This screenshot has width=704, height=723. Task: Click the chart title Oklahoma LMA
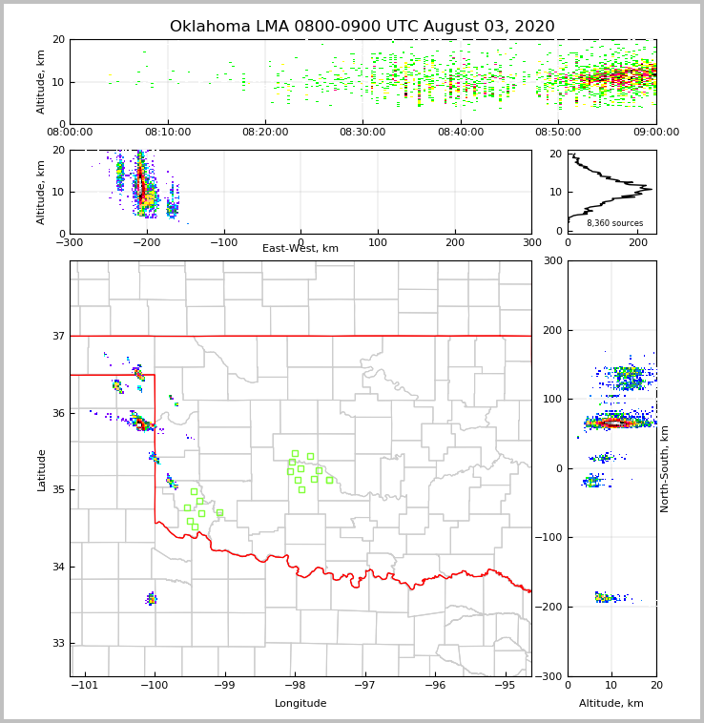[362, 27]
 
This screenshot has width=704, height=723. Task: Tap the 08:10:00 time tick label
[168, 133]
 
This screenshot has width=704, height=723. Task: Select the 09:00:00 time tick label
[655, 133]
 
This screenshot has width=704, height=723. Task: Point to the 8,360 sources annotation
[614, 223]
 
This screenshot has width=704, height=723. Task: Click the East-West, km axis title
[300, 249]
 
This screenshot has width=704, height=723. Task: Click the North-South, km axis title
[665, 468]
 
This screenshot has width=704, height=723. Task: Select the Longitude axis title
[300, 704]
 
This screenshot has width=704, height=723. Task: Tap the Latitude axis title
[41, 469]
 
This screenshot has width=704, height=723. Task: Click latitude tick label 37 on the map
[58, 336]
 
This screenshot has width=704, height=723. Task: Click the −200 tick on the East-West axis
[146, 242]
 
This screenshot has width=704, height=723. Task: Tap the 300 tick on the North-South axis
[552, 260]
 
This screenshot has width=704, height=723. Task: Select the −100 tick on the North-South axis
[548, 538]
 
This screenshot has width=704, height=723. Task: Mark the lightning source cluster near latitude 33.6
[151, 599]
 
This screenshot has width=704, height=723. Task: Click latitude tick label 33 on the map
[58, 643]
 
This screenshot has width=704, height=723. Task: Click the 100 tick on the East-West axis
[378, 242]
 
